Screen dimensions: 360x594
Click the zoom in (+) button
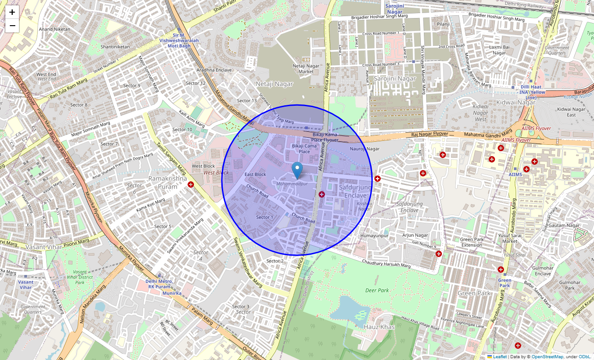pyautogui.click(x=12, y=12)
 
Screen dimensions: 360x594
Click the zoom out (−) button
pyautogui.click(x=12, y=26)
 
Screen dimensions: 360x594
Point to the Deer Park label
pyautogui.click(x=377, y=290)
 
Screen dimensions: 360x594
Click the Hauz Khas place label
pyautogui.click(x=379, y=327)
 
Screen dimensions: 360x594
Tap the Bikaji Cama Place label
pyautogui.click(x=304, y=148)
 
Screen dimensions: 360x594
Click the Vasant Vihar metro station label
pyautogui.click(x=26, y=284)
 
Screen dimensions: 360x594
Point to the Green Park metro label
pyautogui.click(x=504, y=283)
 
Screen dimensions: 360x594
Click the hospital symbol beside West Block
pyautogui.click(x=191, y=184)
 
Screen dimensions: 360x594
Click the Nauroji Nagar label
pyautogui.click(x=364, y=149)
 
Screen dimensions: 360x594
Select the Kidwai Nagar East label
pyautogui.click(x=571, y=112)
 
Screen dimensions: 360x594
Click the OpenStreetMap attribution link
pyautogui.click(x=547, y=357)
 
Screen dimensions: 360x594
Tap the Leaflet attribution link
pyautogui.click(x=499, y=357)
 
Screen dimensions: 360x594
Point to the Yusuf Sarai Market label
pyautogui.click(x=510, y=238)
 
